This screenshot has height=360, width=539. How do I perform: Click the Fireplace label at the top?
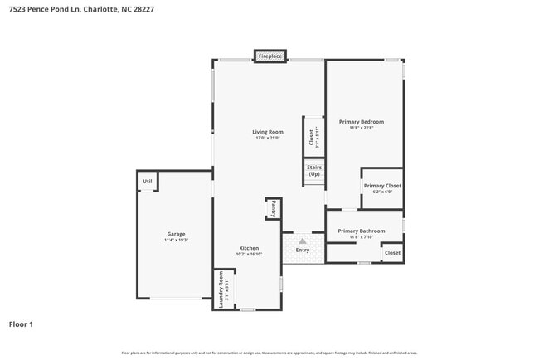click(x=270, y=56)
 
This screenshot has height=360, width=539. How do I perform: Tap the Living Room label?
click(x=268, y=132)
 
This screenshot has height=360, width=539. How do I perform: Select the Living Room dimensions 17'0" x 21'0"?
click(x=268, y=138)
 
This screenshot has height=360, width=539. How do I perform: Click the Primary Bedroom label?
click(x=361, y=122)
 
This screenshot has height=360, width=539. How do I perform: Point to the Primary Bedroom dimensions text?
click(x=361, y=128)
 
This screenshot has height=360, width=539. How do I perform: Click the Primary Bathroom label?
click(x=361, y=231)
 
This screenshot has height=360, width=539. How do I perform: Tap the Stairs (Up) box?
click(x=314, y=171)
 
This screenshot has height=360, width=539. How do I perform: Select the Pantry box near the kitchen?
click(x=272, y=209)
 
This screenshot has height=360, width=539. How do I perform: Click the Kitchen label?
click(x=249, y=248)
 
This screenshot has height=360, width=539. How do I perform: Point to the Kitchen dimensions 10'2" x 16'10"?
click(x=249, y=255)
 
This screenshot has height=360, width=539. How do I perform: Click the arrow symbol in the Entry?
click(x=302, y=241)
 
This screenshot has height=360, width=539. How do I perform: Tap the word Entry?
click(x=302, y=250)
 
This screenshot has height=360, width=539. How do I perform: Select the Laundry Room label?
click(x=221, y=289)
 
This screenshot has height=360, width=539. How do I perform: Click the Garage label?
click(x=176, y=234)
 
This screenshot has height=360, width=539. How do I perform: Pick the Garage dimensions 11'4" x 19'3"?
click(x=176, y=240)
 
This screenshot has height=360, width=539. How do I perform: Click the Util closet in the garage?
click(x=148, y=181)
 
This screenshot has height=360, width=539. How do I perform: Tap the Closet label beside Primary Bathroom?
click(x=392, y=253)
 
